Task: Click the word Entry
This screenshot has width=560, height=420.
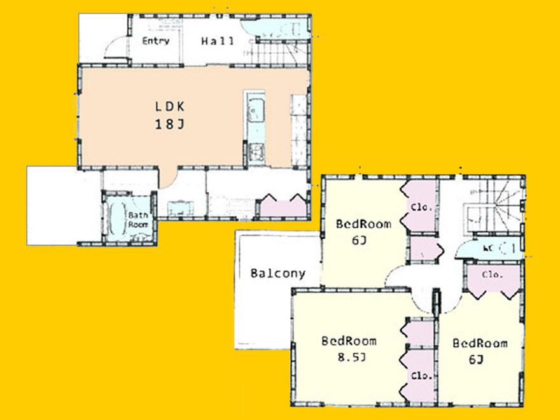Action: point(156,41)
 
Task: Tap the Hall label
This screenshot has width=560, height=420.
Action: point(218,41)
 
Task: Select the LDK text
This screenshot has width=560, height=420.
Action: point(169,106)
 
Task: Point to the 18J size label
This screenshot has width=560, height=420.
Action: point(169,125)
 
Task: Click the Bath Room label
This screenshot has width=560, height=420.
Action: point(138,220)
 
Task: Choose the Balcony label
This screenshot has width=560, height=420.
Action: point(277,274)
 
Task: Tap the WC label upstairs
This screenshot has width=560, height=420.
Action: point(489,248)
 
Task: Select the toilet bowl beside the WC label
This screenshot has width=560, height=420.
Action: point(506,248)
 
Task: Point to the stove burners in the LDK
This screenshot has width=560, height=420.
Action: point(257,151)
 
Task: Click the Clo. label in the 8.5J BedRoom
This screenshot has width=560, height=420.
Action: point(421,375)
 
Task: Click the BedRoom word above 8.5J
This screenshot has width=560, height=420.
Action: point(349,340)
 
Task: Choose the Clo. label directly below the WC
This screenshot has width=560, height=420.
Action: point(492,276)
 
